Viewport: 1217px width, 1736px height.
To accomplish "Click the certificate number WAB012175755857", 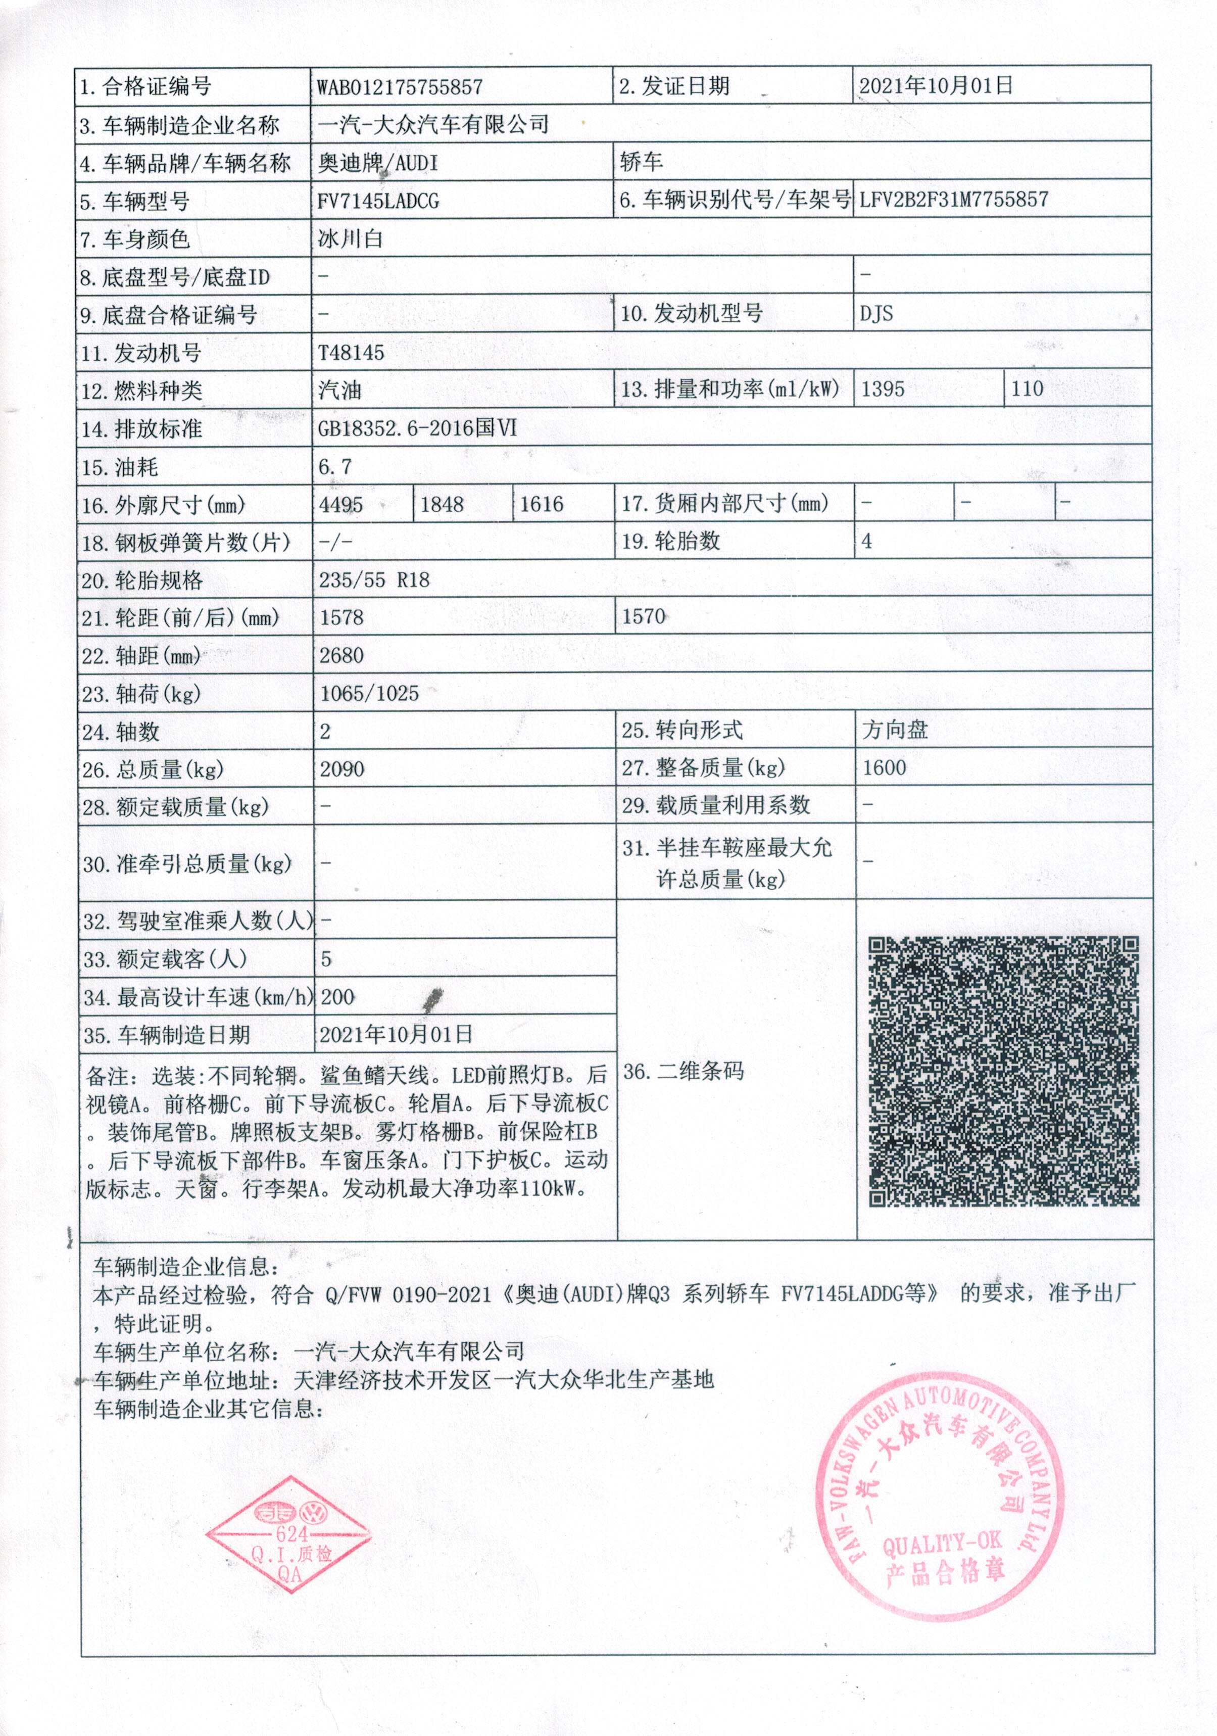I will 399,87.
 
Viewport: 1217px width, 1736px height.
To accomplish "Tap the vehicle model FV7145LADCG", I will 378,201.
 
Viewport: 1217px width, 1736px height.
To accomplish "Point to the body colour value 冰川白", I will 351,239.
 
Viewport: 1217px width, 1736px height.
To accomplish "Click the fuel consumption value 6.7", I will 335,466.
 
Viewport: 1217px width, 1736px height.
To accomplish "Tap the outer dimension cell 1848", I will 442,504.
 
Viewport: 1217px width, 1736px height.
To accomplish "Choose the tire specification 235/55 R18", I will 374,580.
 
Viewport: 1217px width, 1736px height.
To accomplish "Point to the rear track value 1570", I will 643,617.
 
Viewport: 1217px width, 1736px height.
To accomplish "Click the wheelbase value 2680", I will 342,655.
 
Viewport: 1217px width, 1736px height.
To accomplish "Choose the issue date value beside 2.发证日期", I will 935,85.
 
